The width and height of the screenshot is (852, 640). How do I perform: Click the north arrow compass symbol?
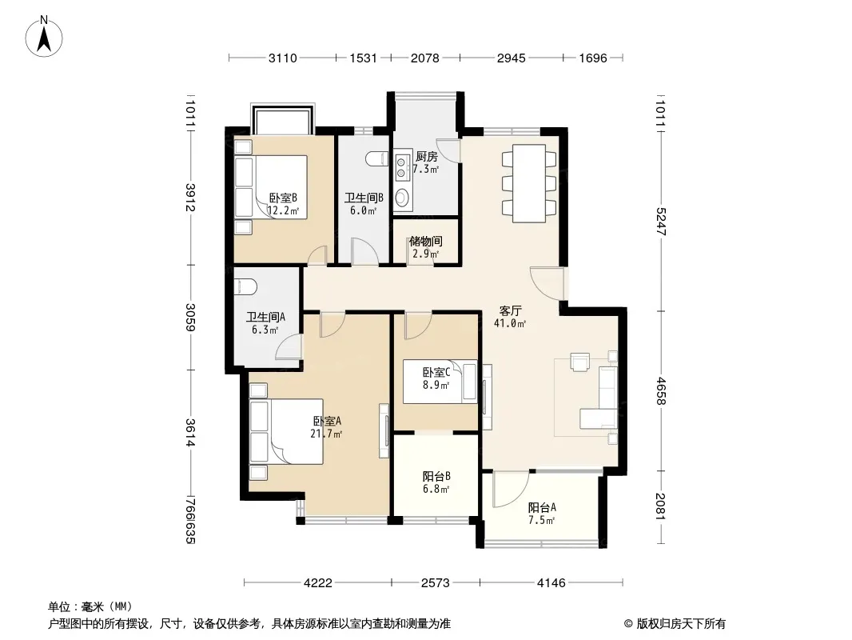click(x=44, y=37)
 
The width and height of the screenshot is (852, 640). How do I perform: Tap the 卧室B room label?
click(x=283, y=198)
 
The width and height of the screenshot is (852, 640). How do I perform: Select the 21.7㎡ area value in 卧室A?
click(x=326, y=434)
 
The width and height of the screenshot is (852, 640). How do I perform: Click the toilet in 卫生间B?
click(x=376, y=158)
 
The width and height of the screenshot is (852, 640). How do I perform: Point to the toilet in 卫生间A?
click(x=245, y=287)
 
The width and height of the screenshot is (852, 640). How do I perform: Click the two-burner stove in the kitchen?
click(x=401, y=167)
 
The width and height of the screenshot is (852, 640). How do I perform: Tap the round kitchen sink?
click(x=401, y=197)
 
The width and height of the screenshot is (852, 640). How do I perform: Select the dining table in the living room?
click(x=528, y=183)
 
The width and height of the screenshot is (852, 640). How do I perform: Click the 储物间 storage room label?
click(x=425, y=241)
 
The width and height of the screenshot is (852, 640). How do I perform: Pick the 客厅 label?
click(x=510, y=310)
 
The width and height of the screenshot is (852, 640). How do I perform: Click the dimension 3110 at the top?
click(x=283, y=58)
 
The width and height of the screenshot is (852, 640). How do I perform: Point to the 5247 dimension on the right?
click(x=661, y=222)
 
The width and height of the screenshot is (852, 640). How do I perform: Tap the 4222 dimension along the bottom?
click(x=318, y=583)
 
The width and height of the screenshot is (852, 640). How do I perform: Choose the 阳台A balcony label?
click(x=542, y=507)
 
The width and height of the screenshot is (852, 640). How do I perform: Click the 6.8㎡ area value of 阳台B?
click(x=436, y=489)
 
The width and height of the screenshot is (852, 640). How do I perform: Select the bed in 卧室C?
click(x=440, y=381)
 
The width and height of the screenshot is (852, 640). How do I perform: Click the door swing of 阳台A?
click(x=511, y=489)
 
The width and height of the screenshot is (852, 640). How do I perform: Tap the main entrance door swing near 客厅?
click(x=548, y=283)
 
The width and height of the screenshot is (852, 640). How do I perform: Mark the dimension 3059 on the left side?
click(x=189, y=317)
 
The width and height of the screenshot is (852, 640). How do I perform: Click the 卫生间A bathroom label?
click(x=265, y=317)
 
